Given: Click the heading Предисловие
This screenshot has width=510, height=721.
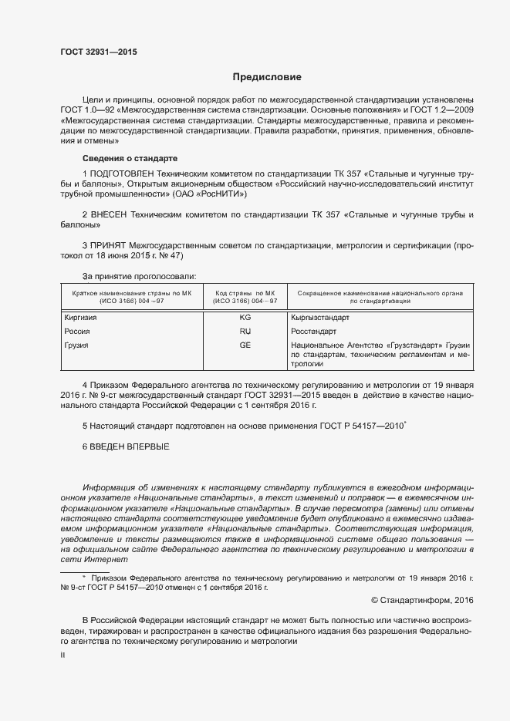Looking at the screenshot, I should tap(267, 77).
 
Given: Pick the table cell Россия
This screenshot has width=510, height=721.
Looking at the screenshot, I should tap(77, 331).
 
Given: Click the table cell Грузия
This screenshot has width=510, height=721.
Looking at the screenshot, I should tap(76, 345).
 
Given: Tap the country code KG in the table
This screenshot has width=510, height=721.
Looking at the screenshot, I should tap(245, 317).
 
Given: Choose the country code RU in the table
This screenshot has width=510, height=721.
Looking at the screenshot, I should tap(245, 331).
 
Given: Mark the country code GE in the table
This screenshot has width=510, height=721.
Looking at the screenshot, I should tap(245, 345).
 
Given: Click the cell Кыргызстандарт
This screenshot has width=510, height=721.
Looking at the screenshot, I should tap(320, 317).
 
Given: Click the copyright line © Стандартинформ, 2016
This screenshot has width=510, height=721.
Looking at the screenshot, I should tap(422, 599).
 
